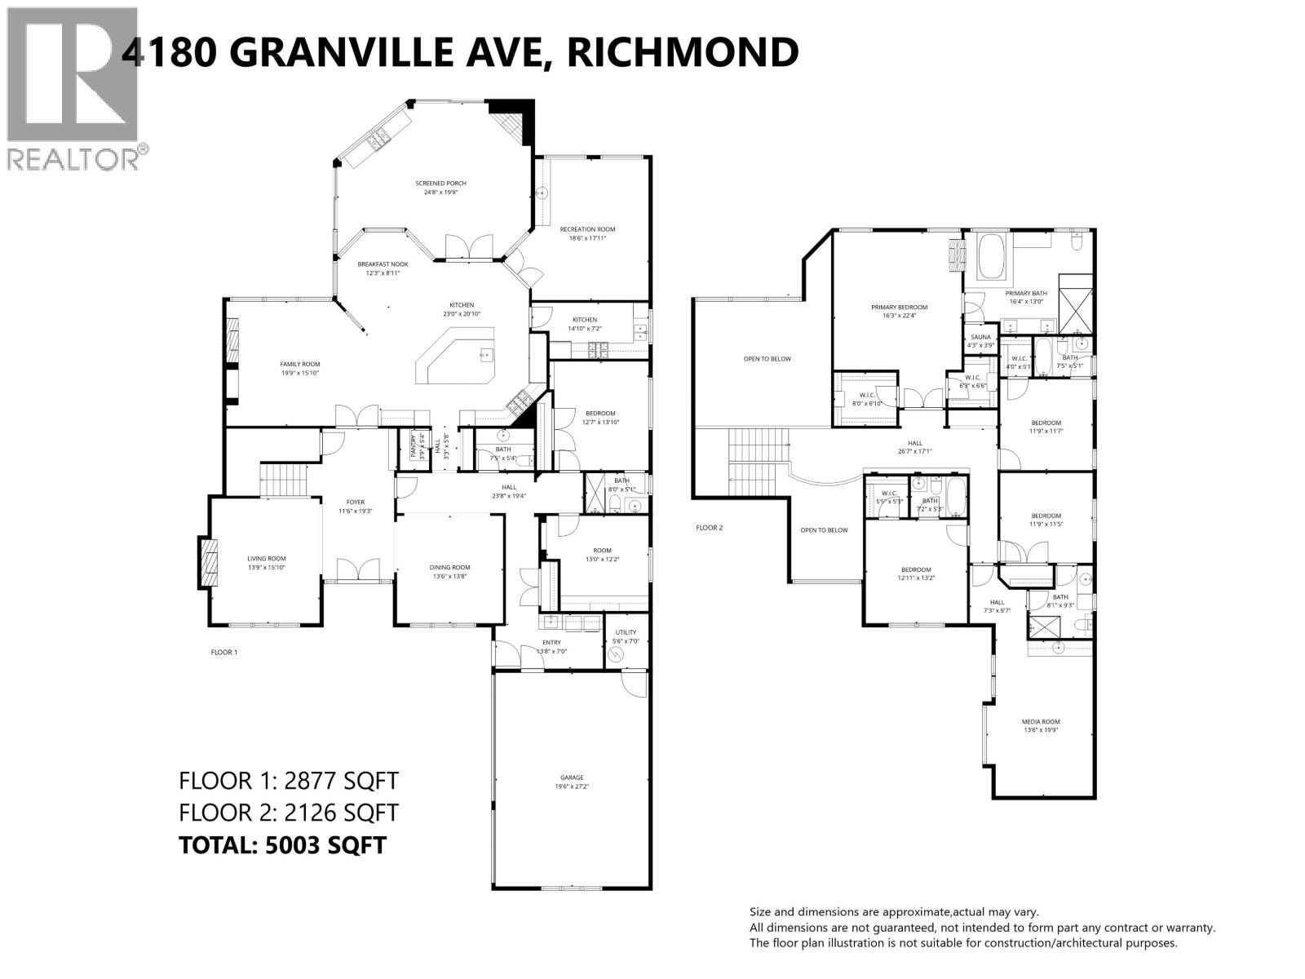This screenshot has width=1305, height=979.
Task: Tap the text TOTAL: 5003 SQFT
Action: point(282,844)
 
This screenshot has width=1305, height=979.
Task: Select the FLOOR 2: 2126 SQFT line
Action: point(289,813)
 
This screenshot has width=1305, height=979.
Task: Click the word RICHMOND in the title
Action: point(682,52)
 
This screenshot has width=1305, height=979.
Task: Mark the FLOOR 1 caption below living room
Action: point(223,653)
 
